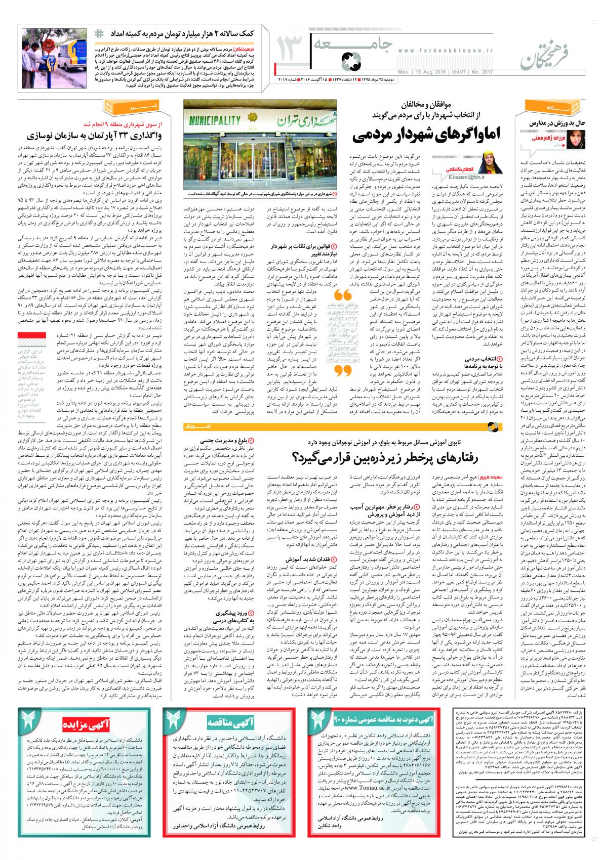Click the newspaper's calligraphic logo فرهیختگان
[547, 51]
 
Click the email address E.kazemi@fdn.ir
[463, 178]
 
